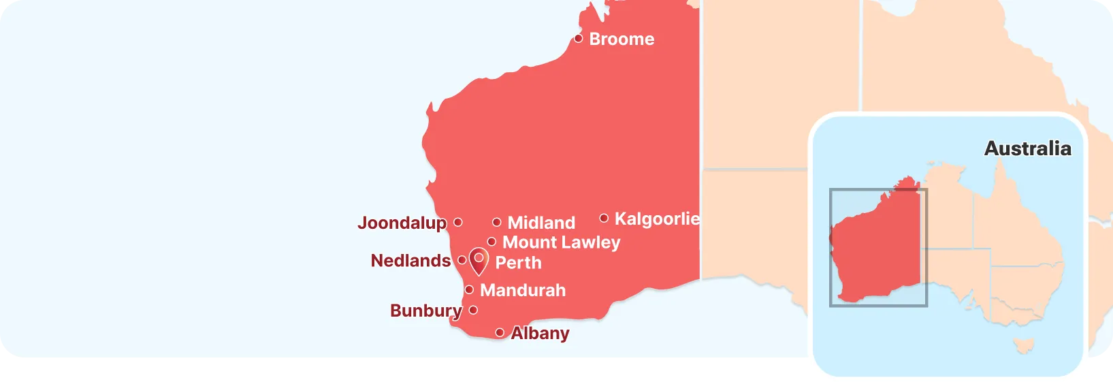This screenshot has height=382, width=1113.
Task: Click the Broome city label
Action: coord(622,39)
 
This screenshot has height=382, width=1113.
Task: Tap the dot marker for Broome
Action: coord(578,38)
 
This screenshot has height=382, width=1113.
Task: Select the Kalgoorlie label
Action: coord(657,219)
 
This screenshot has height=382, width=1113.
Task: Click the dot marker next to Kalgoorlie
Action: coord(604,218)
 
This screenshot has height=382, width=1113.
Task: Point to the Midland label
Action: coord(541,223)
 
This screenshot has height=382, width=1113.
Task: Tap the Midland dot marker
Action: coord(497,222)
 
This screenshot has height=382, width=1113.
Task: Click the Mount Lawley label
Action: coord(561,242)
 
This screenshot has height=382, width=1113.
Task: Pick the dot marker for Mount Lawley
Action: coord(491,242)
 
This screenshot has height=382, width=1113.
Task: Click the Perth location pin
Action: coord(479,260)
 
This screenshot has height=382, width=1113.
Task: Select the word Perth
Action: coord(518,263)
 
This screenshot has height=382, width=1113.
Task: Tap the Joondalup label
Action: coord(402,223)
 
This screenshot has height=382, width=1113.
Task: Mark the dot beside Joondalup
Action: coord(458,222)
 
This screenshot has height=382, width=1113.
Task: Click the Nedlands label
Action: coord(410,261)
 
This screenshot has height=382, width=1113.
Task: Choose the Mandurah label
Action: coord(523,290)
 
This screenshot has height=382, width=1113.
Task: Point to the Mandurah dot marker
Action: coord(469,289)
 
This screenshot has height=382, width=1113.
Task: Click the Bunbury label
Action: coord(425,311)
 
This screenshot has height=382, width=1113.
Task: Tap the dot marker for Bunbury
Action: coord(473,310)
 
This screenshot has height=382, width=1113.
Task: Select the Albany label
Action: coord(540,333)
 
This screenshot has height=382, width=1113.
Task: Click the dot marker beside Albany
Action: coord(500,332)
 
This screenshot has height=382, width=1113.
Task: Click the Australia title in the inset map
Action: coord(1027,148)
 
